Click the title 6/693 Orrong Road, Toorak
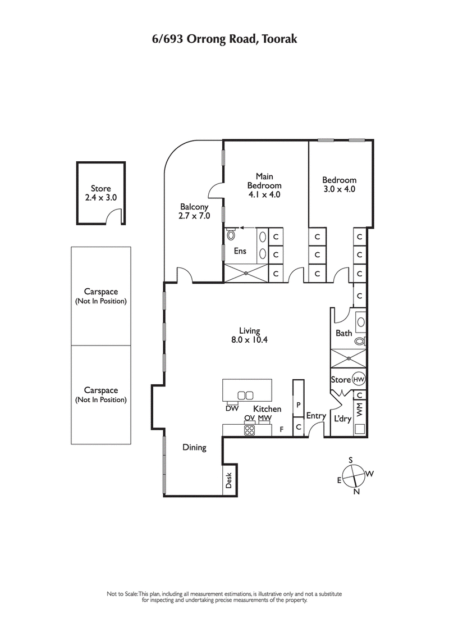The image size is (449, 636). [x=224, y=39]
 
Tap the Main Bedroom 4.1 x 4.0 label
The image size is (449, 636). [x=264, y=185]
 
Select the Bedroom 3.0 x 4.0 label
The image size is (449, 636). [x=339, y=185]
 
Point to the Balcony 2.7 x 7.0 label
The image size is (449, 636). [x=195, y=211]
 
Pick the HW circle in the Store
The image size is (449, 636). [x=359, y=380]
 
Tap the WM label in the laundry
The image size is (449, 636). [x=360, y=409]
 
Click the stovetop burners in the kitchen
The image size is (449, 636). [x=249, y=430]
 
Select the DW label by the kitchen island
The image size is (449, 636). [x=232, y=408]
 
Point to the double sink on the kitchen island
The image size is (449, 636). [x=246, y=395]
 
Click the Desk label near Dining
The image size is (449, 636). [x=229, y=479]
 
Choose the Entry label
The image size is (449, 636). [x=316, y=416]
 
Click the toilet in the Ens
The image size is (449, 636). [x=231, y=234]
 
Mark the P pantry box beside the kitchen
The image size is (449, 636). [x=299, y=405]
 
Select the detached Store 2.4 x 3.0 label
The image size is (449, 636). [x=101, y=193]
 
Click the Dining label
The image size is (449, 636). [x=194, y=448]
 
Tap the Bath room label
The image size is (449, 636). [x=343, y=333]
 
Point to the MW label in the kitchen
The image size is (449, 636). [x=265, y=419]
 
